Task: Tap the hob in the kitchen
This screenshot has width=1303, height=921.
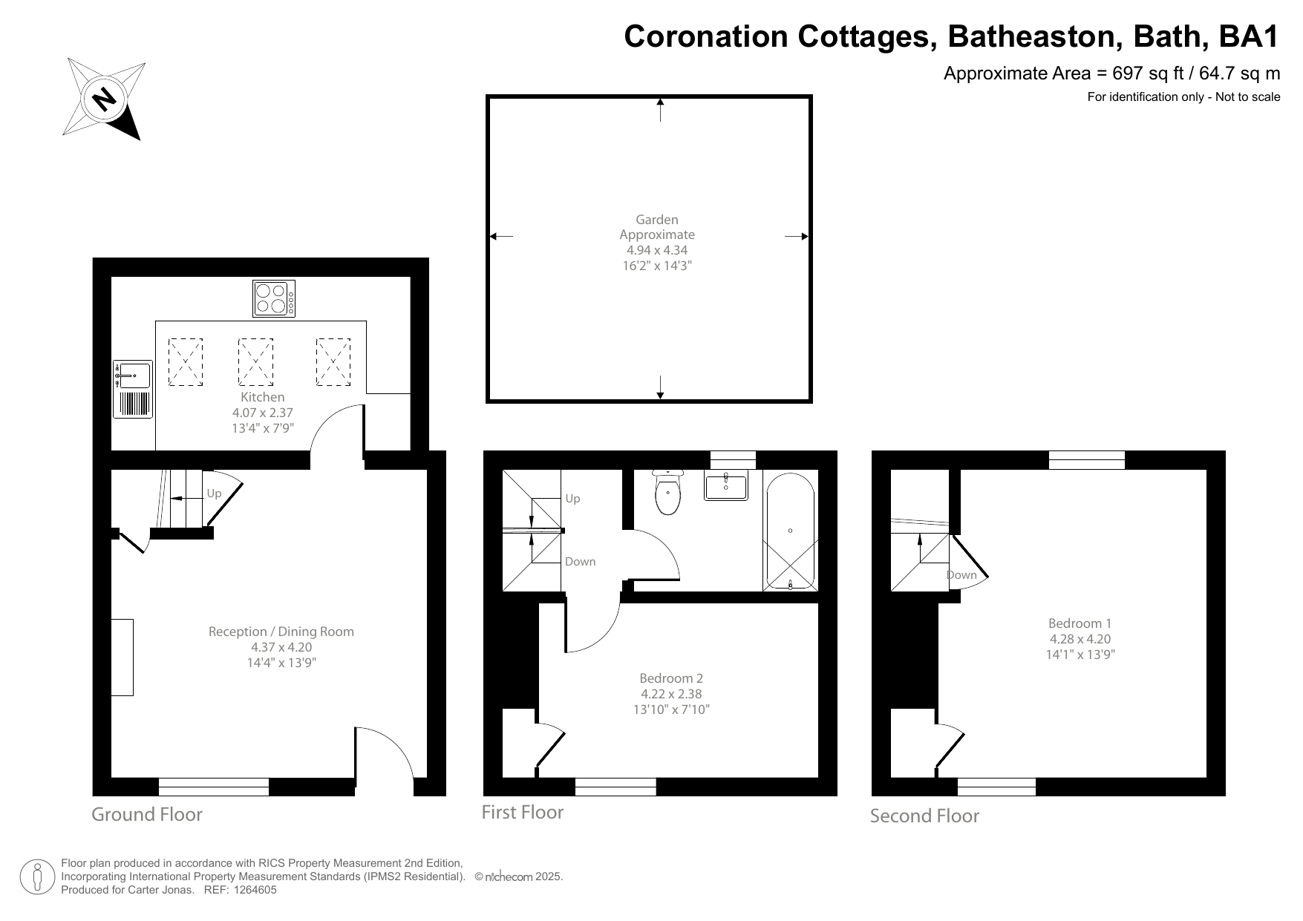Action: pyautogui.click(x=273, y=298)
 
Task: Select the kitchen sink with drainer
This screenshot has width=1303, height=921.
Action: pyautogui.click(x=133, y=390)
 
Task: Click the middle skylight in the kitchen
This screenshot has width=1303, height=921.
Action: pyautogui.click(x=255, y=362)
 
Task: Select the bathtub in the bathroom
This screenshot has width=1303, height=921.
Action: pyautogui.click(x=790, y=531)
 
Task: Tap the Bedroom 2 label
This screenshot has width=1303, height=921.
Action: pyautogui.click(x=671, y=678)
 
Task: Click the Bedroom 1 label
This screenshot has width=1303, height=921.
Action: pyautogui.click(x=1080, y=623)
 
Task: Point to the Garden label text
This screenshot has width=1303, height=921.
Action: pyautogui.click(x=657, y=220)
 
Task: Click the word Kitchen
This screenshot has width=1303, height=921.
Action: pyautogui.click(x=262, y=397)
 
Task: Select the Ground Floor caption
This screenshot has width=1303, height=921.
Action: pyautogui.click(x=147, y=814)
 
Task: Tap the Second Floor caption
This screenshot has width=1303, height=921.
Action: pyautogui.click(x=924, y=816)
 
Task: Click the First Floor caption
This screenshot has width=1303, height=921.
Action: pyautogui.click(x=522, y=813)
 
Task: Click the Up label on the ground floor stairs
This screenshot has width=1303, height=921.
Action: pyautogui.click(x=214, y=494)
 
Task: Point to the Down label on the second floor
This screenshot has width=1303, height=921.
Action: pyautogui.click(x=961, y=575)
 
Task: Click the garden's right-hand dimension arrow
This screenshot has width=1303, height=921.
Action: pyautogui.click(x=797, y=237)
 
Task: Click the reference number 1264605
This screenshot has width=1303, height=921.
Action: pyautogui.click(x=255, y=890)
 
